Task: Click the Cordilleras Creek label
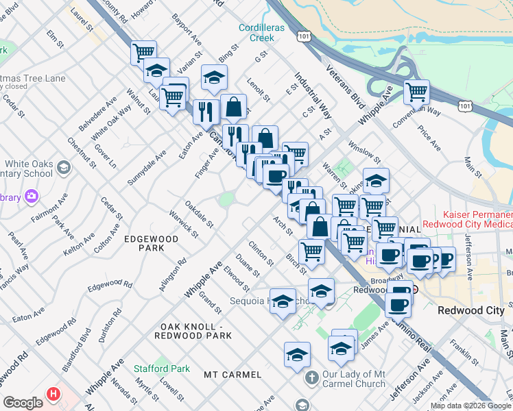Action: (256, 32)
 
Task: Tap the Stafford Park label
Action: (161, 369)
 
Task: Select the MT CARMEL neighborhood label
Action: (232, 375)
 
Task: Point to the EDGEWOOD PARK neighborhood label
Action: (151, 243)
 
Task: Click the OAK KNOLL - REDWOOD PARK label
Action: (196, 331)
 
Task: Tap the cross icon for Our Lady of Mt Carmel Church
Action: (311, 377)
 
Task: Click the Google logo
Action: (23, 403)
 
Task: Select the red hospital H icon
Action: (53, 395)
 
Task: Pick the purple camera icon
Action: (31, 197)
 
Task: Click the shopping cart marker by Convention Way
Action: (416, 91)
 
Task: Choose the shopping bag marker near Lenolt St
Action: (233, 106)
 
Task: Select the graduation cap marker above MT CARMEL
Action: (297, 354)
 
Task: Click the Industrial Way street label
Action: (313, 96)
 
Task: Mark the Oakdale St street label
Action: (200, 214)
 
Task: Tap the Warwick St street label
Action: (184, 227)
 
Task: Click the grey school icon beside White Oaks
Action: (63, 168)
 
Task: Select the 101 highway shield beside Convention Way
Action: (466, 105)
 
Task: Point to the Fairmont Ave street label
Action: (48, 208)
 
